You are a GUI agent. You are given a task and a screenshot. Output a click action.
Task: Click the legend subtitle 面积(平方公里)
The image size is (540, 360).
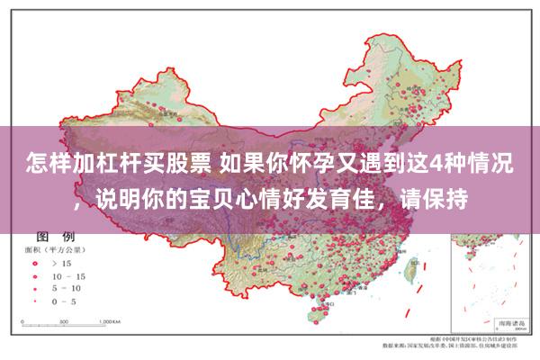[x=58, y=250]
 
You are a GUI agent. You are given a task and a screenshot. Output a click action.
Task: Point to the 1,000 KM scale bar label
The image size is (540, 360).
[x=111, y=320]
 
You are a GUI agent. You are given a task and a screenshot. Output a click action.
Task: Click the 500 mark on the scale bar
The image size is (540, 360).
[x=63, y=320]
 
